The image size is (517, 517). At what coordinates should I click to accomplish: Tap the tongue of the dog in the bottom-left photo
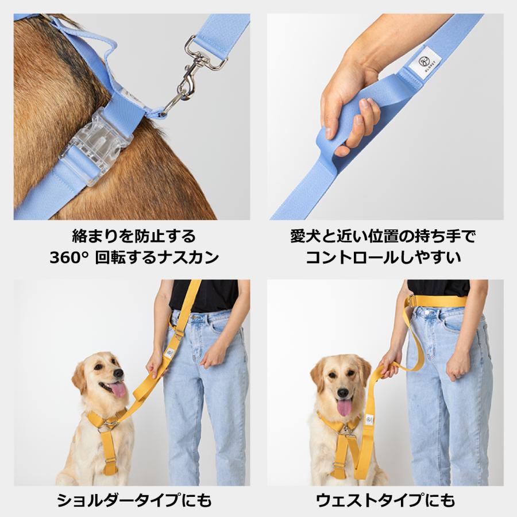tap(117, 390)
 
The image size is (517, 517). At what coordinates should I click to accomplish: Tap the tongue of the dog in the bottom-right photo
tap(345, 408)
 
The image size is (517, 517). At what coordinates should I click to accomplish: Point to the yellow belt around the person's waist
tap(442, 301)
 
